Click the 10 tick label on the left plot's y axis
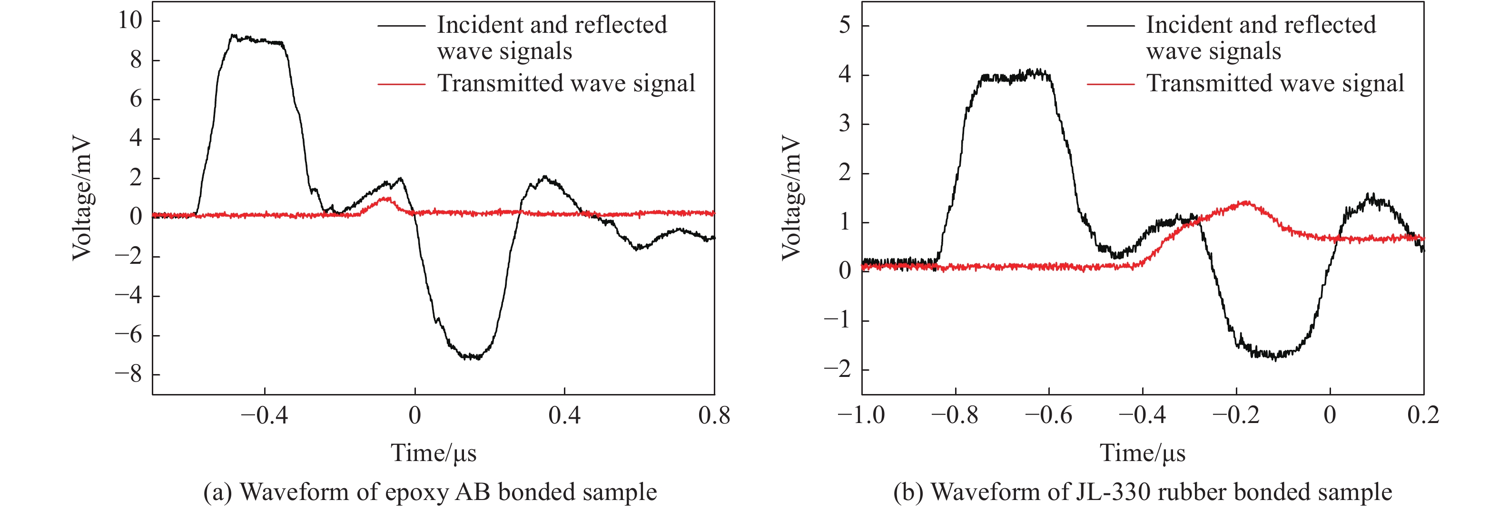pos(130,21)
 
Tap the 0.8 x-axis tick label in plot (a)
pos(714,416)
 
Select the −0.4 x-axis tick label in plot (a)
pos(264,416)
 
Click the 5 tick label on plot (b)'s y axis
pos(844,26)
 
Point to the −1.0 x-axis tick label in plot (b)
pos(861,416)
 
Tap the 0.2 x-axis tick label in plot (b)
pos(1423,416)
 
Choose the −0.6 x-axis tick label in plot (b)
pos(1049,416)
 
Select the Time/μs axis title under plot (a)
pos(434,453)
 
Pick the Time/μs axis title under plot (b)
pos(1142,453)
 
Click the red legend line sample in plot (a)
pos(402,84)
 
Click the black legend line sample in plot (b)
pos(1110,26)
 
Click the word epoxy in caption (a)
pos(417,492)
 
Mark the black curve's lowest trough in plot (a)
pos(473,357)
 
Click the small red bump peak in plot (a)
pos(385,199)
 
